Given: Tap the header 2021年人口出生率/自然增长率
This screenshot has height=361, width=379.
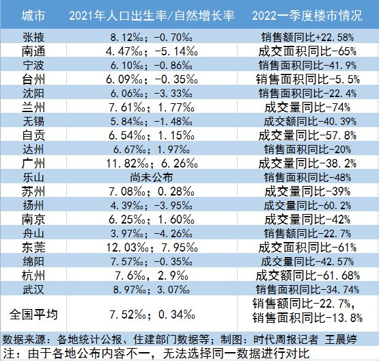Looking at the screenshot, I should [153, 14].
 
